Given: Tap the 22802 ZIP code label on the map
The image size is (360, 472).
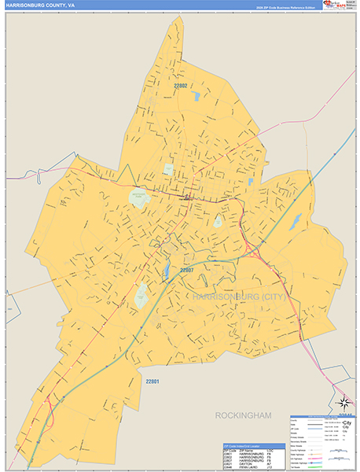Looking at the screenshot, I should pyautogui.click(x=181, y=85).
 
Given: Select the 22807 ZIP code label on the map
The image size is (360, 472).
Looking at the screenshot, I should pyautogui.click(x=186, y=270).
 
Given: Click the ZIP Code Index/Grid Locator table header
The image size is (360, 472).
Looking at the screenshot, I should pyautogui.click(x=254, y=445).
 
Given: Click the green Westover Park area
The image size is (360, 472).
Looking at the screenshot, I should pyautogui.click(x=139, y=197).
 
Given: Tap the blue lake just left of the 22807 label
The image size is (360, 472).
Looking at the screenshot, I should pyautogui.click(x=166, y=272).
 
